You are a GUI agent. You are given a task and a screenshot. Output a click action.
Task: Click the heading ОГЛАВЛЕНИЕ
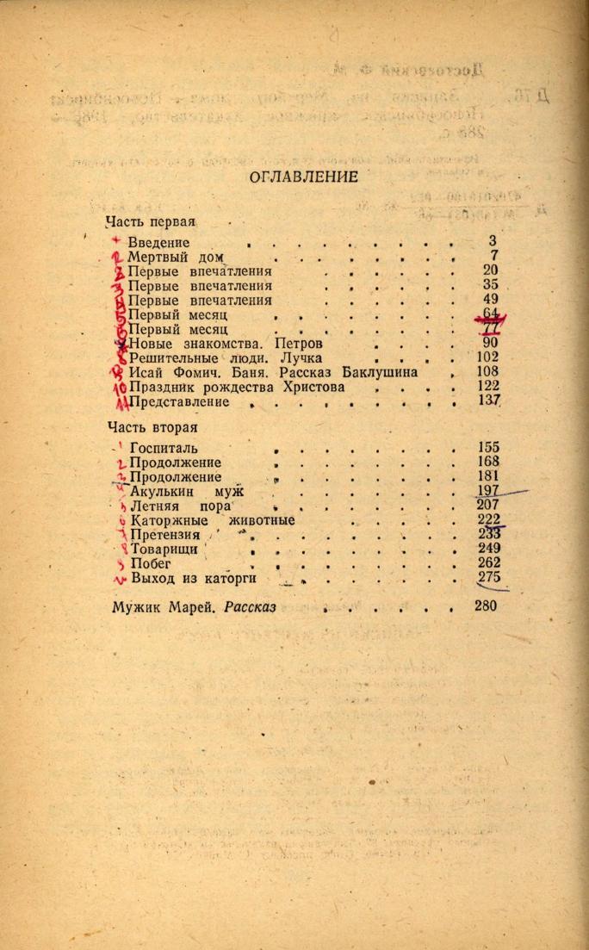(x=291, y=177)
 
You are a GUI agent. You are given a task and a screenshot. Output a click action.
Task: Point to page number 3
(x=492, y=242)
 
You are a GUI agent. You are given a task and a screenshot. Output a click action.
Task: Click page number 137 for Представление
(x=488, y=401)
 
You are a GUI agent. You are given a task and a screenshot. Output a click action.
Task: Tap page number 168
(x=487, y=462)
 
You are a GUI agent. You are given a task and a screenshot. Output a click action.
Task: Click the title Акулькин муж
(x=187, y=492)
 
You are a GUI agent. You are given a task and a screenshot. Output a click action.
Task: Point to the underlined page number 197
(x=487, y=491)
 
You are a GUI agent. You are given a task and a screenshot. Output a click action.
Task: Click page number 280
(x=486, y=605)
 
